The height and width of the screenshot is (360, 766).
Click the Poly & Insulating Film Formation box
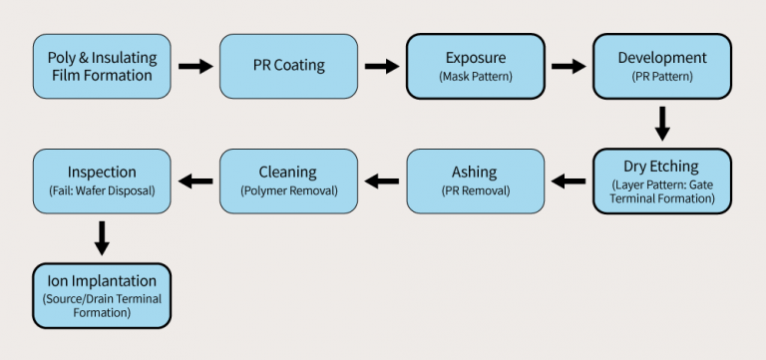(101, 66)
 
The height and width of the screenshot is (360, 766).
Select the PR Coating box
(288, 66)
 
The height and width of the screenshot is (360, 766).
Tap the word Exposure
(476, 58)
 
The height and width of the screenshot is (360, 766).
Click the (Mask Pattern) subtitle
(476, 76)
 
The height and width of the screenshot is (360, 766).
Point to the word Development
(662, 58)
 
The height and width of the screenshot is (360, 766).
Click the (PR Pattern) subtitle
(662, 76)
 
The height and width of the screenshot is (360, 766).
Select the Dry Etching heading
(662, 167)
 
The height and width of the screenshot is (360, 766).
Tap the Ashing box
(475, 180)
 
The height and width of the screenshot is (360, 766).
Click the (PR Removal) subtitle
(475, 190)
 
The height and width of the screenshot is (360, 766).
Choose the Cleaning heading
(288, 173)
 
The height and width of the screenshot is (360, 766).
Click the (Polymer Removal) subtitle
(288, 190)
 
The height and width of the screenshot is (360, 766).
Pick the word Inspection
(101, 173)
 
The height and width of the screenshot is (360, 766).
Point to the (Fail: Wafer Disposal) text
(101, 190)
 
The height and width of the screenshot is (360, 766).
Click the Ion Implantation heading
(101, 280)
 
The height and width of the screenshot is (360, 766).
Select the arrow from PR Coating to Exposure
(382, 66)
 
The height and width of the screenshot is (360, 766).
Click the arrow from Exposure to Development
(569, 66)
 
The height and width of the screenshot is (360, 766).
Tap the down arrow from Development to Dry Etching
(662, 124)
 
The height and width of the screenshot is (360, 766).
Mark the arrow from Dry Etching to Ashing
(569, 180)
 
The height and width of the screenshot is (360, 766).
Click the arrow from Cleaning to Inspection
(194, 180)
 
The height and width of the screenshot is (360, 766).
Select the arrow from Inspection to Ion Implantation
(101, 238)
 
